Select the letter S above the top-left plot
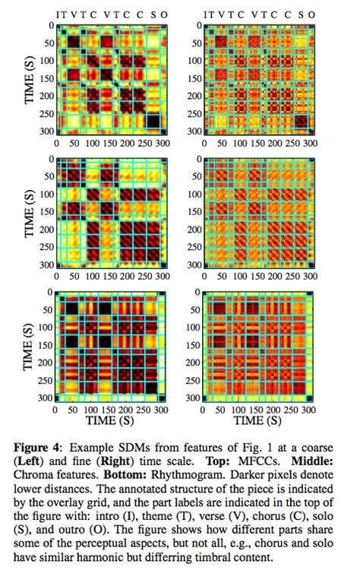point(153,14)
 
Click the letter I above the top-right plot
point(205,14)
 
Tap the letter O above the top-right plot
point(314,14)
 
